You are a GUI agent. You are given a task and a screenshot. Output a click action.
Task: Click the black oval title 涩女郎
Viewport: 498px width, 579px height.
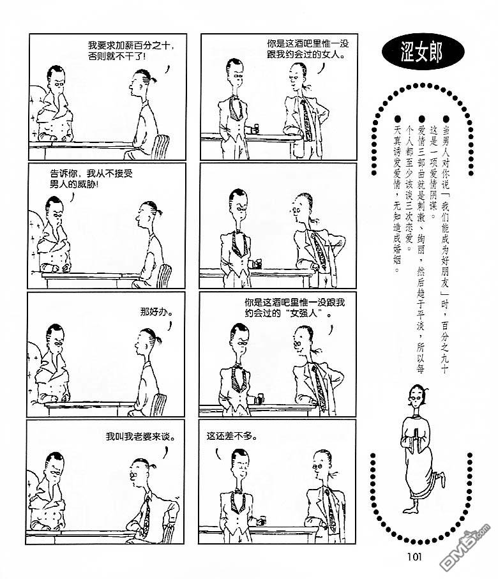coord(423,52)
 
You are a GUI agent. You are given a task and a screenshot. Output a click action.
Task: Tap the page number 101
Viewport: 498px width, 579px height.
coord(414,557)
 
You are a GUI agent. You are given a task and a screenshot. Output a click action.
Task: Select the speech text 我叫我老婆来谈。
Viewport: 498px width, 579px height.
coord(140,437)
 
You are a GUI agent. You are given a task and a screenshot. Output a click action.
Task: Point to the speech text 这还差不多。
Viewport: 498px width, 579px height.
coord(232,437)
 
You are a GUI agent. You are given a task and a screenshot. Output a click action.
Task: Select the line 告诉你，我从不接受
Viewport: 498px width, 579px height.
coord(91,174)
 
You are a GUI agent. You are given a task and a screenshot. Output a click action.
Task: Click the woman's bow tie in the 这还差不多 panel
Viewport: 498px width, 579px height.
coord(238,492)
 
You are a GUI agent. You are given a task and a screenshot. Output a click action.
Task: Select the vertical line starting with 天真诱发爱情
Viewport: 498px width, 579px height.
coord(397,199)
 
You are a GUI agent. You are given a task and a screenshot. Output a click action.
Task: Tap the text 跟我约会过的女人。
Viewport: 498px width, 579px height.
coord(306,55)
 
